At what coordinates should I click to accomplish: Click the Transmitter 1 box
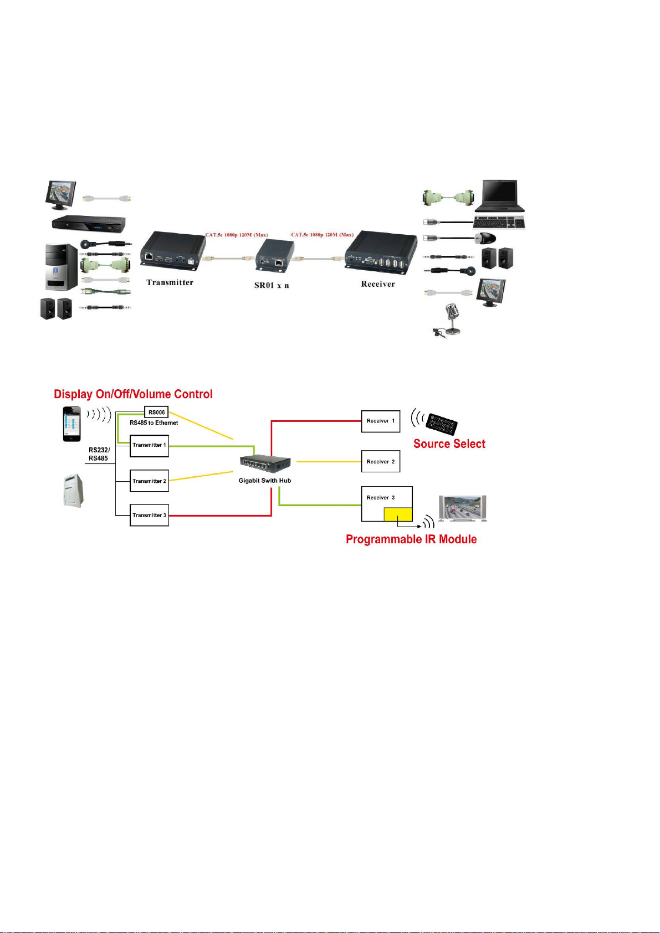[x=149, y=446]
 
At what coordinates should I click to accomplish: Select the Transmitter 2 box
[x=149, y=481]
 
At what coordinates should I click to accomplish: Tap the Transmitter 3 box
[x=149, y=515]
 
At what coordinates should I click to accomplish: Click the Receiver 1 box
[x=380, y=421]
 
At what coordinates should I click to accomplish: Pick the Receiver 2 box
[x=380, y=461]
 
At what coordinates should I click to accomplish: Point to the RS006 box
[x=156, y=413]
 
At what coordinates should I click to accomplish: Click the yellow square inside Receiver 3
[x=398, y=514]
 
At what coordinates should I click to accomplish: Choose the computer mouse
[x=485, y=238]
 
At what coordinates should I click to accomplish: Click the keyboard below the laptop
[x=499, y=223]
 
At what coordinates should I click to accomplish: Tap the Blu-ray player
[x=89, y=223]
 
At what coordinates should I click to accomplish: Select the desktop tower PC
[x=62, y=266]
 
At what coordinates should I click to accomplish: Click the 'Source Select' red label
[x=449, y=444]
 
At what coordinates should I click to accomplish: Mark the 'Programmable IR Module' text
[x=411, y=539]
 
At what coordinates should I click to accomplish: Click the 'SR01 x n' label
[x=272, y=285]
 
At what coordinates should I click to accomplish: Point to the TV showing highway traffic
[x=462, y=508]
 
